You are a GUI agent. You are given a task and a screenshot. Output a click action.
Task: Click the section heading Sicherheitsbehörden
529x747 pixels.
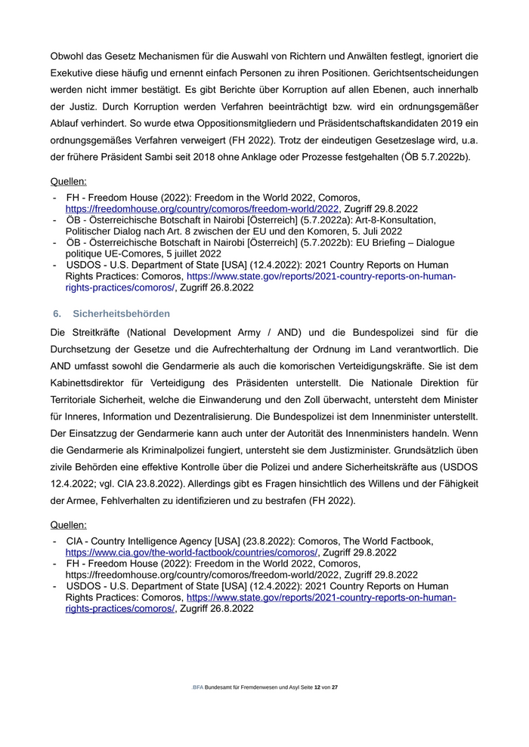121,313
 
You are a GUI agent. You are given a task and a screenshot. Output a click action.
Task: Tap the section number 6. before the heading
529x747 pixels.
57,313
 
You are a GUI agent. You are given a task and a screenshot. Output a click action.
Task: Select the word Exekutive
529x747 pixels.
74,76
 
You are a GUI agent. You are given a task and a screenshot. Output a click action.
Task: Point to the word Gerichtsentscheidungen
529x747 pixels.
418,76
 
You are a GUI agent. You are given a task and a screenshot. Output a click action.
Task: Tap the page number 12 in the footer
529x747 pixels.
317,687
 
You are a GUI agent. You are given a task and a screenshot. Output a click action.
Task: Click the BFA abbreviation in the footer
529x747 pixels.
198,687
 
